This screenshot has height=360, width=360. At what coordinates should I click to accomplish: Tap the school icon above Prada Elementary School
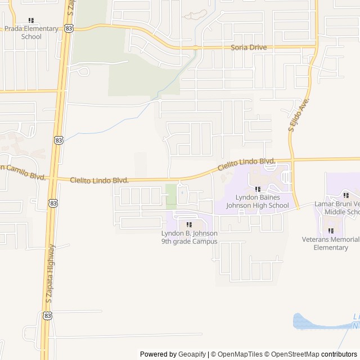[31, 21]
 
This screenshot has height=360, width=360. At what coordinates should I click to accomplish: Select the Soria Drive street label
[249, 47]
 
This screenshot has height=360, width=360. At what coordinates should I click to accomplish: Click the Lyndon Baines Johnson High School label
[258, 201]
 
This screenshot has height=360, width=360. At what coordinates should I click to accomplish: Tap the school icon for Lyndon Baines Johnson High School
[258, 190]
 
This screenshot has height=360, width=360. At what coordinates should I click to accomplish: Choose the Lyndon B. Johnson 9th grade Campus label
[189, 237]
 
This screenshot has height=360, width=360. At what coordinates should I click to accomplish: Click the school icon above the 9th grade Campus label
[189, 225]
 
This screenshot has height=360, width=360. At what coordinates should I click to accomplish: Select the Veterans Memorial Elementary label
[331, 244]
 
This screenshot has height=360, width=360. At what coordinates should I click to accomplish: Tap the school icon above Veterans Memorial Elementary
[331, 231]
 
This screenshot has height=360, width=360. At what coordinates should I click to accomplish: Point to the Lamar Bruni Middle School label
[337, 208]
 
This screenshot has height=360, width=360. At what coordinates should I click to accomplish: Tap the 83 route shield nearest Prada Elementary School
[69, 28]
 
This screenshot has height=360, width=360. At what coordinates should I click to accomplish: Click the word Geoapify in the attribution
[192, 354]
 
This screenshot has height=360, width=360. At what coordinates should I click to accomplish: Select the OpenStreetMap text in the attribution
[293, 354]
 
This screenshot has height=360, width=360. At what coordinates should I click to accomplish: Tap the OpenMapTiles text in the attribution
[236, 354]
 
